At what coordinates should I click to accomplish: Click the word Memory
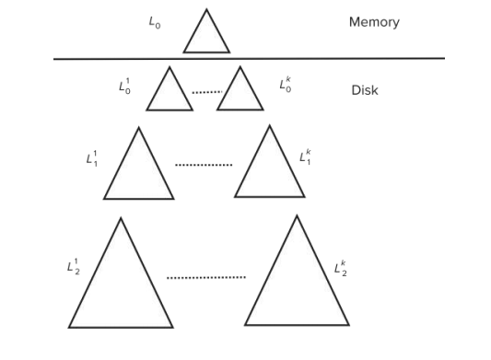click(374, 22)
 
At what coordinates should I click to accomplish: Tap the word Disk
click(365, 90)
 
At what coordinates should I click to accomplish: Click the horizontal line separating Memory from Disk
click(249, 59)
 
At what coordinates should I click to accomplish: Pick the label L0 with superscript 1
click(124, 87)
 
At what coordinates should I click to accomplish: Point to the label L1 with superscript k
click(306, 157)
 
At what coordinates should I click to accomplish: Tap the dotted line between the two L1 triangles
click(204, 166)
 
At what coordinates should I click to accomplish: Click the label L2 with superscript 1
click(74, 268)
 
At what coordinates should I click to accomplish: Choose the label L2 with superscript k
click(341, 269)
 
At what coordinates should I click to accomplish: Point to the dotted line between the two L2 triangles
click(206, 277)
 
